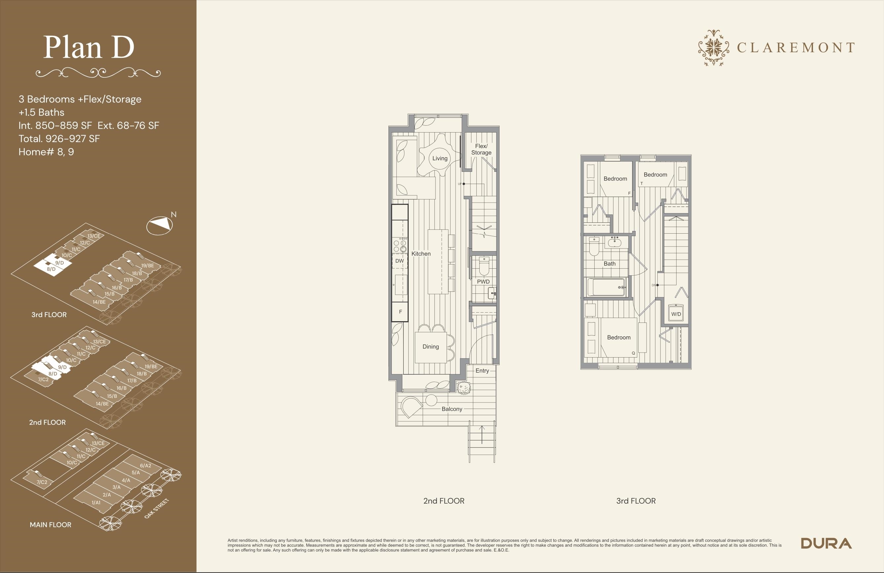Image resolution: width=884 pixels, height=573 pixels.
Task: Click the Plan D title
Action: pos(89,47)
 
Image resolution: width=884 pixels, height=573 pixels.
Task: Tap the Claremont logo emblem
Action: pos(713,48)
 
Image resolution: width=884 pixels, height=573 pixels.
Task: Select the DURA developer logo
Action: pos(827,543)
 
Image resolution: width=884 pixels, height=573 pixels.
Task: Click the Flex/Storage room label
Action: pos(481,149)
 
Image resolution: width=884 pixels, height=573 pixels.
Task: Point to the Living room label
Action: pos(440,158)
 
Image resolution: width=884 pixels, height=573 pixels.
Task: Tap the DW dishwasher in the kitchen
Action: pos(400,261)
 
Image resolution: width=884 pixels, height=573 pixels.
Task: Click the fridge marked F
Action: pos(400,312)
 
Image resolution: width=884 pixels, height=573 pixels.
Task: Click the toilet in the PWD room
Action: pos(484,266)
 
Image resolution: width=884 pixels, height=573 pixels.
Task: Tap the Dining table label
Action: pos(430,347)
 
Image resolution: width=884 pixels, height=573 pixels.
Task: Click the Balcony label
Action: pos(452,409)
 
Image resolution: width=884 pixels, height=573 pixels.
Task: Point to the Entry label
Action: pos(482,370)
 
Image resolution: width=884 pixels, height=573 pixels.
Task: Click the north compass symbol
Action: pos(160,225)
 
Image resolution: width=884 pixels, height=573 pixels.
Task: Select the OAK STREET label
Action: pos(157,508)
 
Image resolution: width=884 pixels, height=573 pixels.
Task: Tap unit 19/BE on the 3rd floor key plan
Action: pos(147,266)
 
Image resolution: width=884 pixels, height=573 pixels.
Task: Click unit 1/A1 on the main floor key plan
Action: pos(96,502)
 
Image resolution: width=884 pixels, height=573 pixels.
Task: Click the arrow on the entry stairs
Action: pos(482,435)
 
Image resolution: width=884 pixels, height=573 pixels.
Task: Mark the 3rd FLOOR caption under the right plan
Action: pos(636,501)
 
